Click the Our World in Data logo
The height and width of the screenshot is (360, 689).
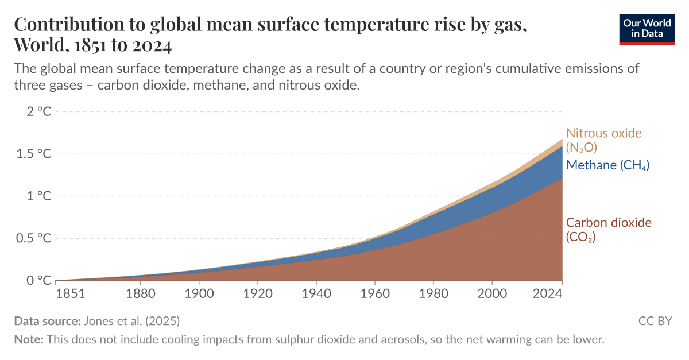point(647,28)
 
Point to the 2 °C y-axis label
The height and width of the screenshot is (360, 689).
point(38,111)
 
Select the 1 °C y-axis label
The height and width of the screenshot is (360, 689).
point(38,196)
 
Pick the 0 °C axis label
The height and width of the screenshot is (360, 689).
point(38,280)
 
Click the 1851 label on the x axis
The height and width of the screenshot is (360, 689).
point(71,293)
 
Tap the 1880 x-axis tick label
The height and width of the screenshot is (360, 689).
point(141,293)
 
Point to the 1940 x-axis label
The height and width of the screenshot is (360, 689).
point(316,293)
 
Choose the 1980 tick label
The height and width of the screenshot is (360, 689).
point(433,293)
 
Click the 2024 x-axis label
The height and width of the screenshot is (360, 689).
point(547,293)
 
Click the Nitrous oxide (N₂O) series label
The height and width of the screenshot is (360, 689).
point(603,140)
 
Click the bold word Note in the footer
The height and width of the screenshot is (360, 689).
point(28,339)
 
